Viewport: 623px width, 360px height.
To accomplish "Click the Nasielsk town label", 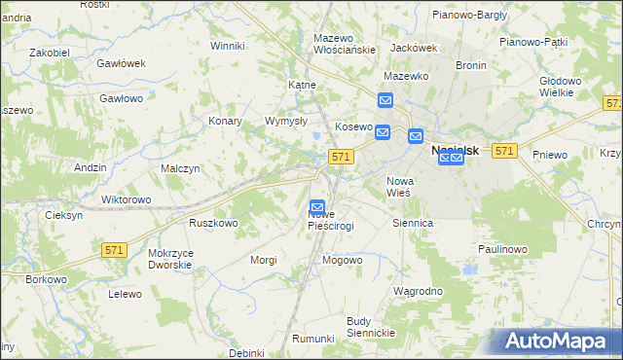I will click(x=459, y=151).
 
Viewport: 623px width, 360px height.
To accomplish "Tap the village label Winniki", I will click(x=227, y=46).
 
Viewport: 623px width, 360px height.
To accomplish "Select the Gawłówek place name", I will click(x=121, y=63).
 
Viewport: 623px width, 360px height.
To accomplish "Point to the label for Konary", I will click(x=225, y=122).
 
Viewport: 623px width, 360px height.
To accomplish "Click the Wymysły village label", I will click(x=286, y=122).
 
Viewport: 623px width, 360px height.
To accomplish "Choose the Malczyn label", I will click(x=180, y=168).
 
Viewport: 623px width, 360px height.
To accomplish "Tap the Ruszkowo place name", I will click(x=214, y=223).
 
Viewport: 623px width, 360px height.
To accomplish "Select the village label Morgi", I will click(x=265, y=260).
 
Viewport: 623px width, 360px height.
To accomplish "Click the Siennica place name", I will click(x=412, y=223).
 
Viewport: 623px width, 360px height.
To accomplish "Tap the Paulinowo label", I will click(x=502, y=249).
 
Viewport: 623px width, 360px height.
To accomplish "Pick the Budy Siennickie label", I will click(x=371, y=327).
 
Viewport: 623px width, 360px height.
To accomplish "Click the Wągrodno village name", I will click(x=418, y=291).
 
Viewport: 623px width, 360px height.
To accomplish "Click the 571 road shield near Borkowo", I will click(x=114, y=250).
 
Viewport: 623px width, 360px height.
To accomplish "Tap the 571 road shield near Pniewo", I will click(x=503, y=151).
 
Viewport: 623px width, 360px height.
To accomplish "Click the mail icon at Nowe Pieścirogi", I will click(x=317, y=207).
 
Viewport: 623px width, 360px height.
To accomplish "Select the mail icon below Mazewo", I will click(x=385, y=100).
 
